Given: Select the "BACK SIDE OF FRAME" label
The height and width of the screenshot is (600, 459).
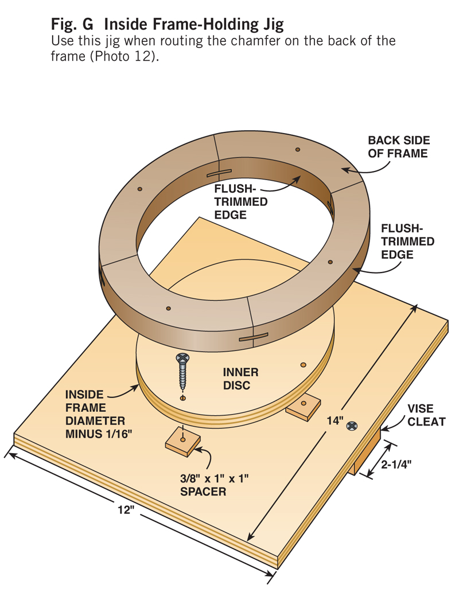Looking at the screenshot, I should point(398,147).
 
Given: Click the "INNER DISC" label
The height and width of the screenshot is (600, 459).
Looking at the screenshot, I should point(236,378).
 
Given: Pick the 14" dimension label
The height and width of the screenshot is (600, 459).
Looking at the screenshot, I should point(334,420).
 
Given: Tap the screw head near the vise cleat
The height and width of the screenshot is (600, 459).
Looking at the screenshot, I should point(352,426).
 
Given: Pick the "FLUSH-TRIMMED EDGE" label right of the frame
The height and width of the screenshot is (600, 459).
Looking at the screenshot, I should point(407,241).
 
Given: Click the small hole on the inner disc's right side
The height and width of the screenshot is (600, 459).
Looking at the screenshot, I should point(303,365).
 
